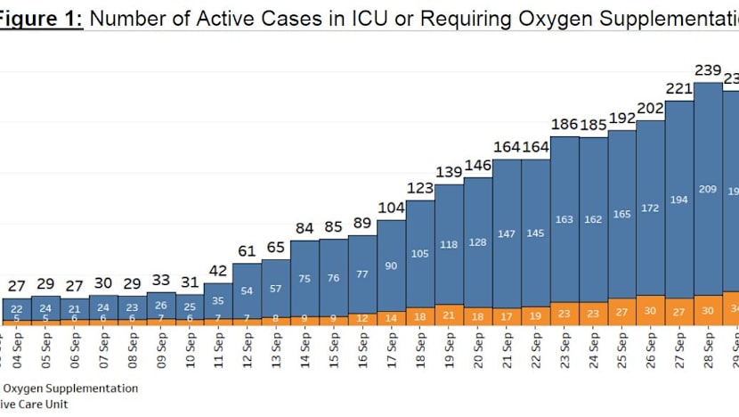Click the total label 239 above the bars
click(708, 70)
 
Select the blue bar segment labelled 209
click(708, 189)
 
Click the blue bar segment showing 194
click(679, 199)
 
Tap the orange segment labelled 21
click(447, 315)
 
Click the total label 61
click(247, 251)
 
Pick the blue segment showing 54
click(247, 291)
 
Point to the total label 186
click(564, 124)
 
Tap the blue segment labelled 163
click(564, 218)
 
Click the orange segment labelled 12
click(361, 317)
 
